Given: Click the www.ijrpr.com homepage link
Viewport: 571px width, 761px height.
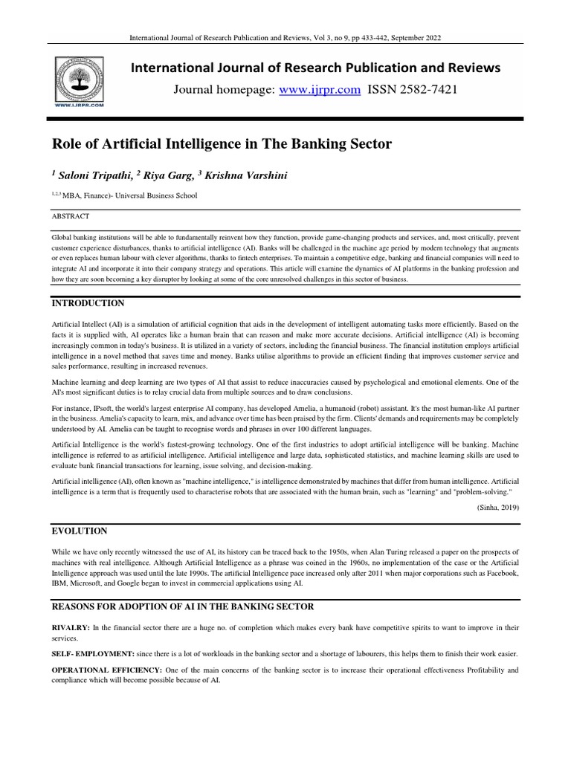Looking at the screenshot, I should coord(319,90).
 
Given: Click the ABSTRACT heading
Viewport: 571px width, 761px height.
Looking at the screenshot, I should coord(70,216).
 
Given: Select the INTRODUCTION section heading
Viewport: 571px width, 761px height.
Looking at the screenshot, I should coord(88,304).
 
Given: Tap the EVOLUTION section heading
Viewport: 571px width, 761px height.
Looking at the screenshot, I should coord(79,531).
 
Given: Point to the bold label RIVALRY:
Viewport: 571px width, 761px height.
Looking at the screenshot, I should coord(71,628).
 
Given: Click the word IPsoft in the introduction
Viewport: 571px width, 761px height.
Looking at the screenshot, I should coord(100,409).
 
